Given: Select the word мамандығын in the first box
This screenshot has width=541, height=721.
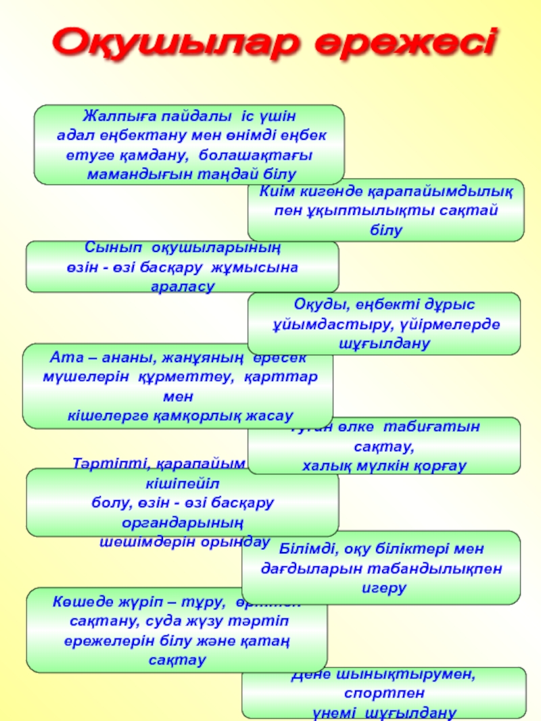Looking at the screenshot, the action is click(x=129, y=174).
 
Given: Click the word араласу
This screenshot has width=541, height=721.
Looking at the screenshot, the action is click(x=182, y=287).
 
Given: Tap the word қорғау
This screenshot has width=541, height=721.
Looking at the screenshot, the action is click(x=439, y=466).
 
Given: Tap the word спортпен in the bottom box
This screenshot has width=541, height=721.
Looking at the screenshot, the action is click(x=384, y=693).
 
